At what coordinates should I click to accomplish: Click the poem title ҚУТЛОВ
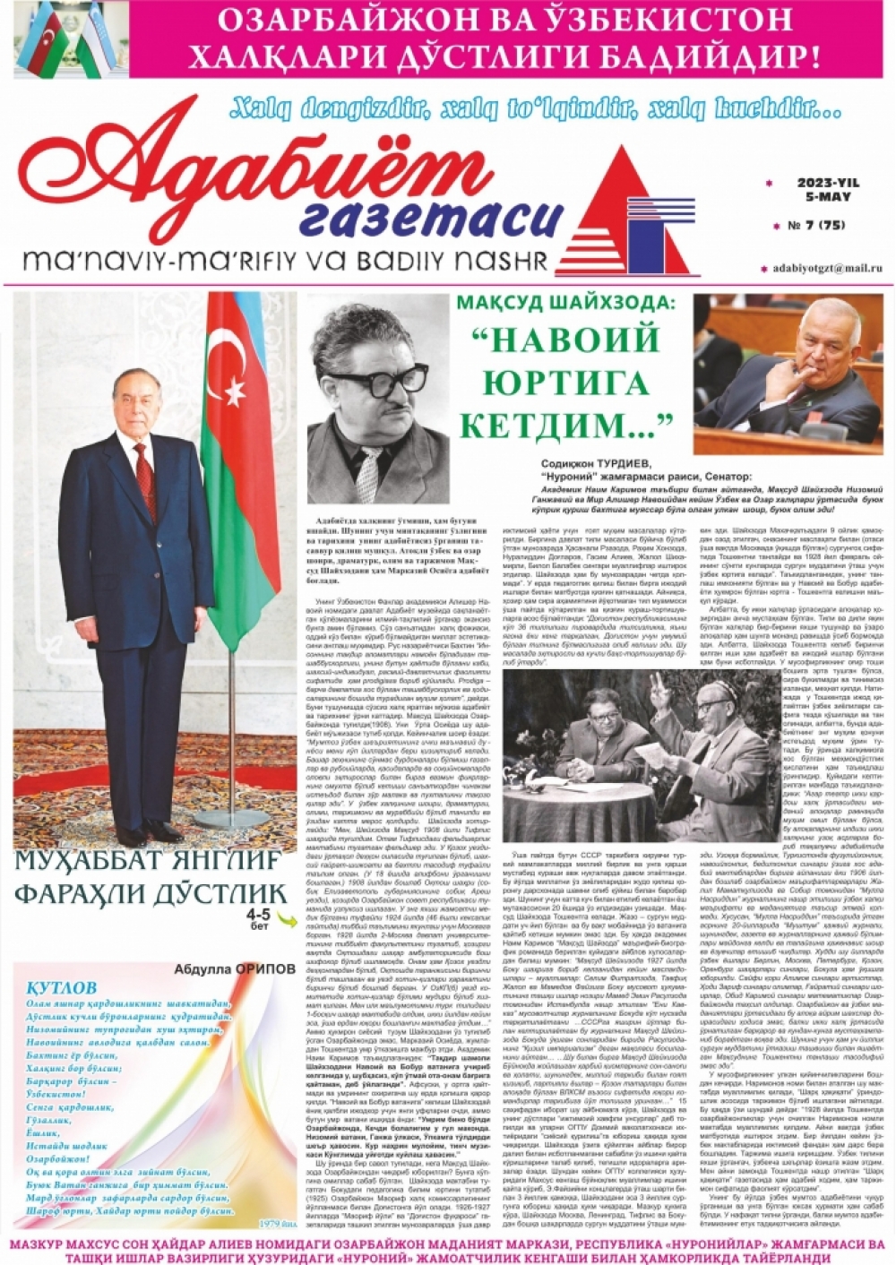[x=61, y=988]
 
